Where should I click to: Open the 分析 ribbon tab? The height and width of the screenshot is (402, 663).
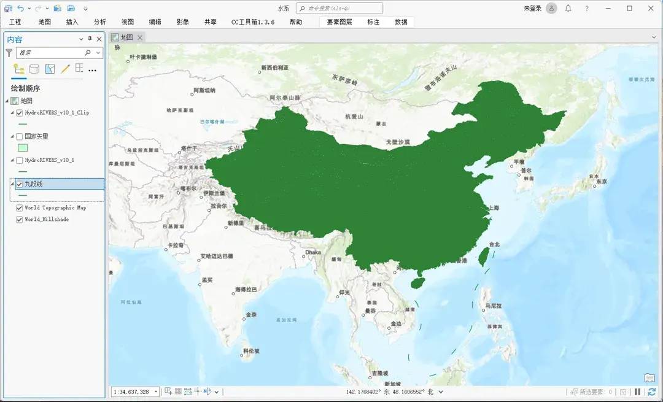(99, 22)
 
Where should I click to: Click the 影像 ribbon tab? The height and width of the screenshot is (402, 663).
(182, 22)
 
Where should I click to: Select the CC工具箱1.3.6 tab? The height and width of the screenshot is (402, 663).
(252, 22)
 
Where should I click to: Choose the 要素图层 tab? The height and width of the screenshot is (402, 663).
(339, 22)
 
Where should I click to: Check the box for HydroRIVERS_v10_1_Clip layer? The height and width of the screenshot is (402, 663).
(20, 113)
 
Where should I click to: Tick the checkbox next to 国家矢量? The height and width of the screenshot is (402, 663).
(20, 137)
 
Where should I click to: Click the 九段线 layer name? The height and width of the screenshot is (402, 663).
(34, 184)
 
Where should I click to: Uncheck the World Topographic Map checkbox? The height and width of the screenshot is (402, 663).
(20, 208)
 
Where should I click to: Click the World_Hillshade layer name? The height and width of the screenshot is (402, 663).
(47, 219)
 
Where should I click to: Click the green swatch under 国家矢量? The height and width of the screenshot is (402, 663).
(23, 148)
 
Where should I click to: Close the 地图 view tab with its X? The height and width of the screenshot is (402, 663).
(140, 37)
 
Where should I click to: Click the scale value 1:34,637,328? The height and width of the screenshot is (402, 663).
(131, 392)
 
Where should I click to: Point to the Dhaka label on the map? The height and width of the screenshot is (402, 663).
(312, 252)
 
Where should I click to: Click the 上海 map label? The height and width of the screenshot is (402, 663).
(494, 208)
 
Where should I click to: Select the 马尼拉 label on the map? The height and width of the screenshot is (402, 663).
(494, 306)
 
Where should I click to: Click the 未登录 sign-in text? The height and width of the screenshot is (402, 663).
(532, 8)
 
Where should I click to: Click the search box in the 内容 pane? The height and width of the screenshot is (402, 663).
(52, 53)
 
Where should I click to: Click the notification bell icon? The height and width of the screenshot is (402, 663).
(568, 8)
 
